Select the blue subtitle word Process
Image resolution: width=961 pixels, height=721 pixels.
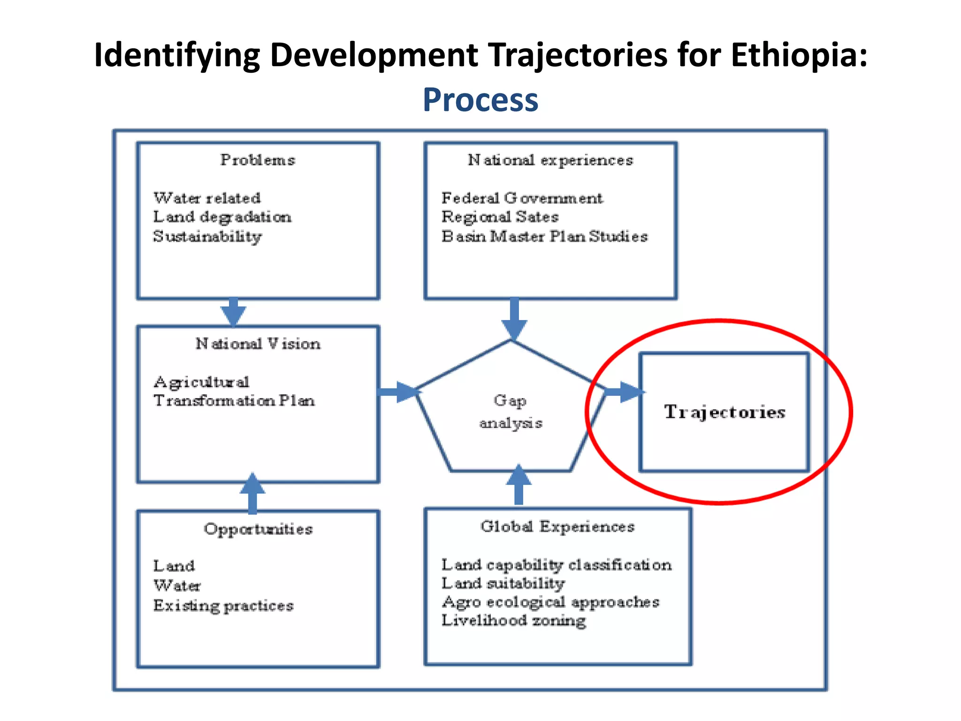coord(480,100)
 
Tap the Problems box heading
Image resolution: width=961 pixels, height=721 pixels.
coord(258,160)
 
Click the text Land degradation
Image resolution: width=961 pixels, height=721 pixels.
coord(222,217)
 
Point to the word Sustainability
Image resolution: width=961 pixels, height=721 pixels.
coord(207,236)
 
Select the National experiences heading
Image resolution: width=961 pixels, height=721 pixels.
coord(550,160)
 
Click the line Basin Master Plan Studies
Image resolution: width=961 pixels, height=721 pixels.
coord(544,236)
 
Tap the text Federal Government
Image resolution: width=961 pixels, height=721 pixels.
coord(522,198)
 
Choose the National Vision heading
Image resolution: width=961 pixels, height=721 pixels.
coord(258,344)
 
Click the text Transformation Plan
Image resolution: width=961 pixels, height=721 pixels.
coord(234,400)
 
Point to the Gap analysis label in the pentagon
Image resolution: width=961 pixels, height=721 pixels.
coord(511,412)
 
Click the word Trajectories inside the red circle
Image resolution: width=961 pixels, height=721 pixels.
coord(724,412)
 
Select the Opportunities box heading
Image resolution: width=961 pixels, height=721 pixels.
coord(258,529)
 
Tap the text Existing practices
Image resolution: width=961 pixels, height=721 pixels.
coord(223,606)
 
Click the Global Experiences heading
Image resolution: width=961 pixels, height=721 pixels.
coord(557,527)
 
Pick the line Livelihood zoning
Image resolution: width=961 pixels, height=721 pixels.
coord(513,621)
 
